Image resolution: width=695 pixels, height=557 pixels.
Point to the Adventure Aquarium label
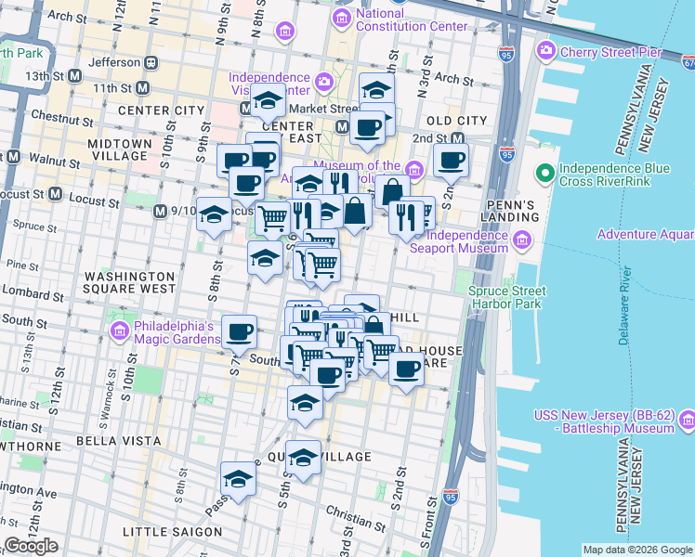[x=645, y=235]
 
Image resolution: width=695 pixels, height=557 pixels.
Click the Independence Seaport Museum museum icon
[x=521, y=241]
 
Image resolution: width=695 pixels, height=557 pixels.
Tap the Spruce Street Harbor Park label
[x=506, y=296]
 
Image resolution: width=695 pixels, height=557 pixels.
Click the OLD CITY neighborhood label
[x=456, y=121]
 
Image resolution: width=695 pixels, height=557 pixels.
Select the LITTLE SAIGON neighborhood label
[x=174, y=532]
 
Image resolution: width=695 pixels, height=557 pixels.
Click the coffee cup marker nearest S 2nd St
[x=451, y=161]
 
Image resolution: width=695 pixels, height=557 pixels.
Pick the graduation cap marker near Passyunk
[x=239, y=480]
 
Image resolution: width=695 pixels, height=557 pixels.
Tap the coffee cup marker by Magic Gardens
[x=239, y=331]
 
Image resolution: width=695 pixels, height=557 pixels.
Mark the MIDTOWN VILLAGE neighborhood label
[x=119, y=150]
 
